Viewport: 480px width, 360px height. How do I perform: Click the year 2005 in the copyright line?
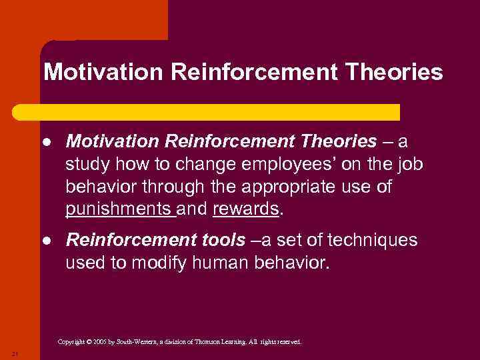101,342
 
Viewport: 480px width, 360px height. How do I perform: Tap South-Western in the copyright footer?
139,342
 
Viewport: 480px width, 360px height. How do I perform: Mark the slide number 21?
14,353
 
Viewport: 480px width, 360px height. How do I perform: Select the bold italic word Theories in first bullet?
339,142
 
